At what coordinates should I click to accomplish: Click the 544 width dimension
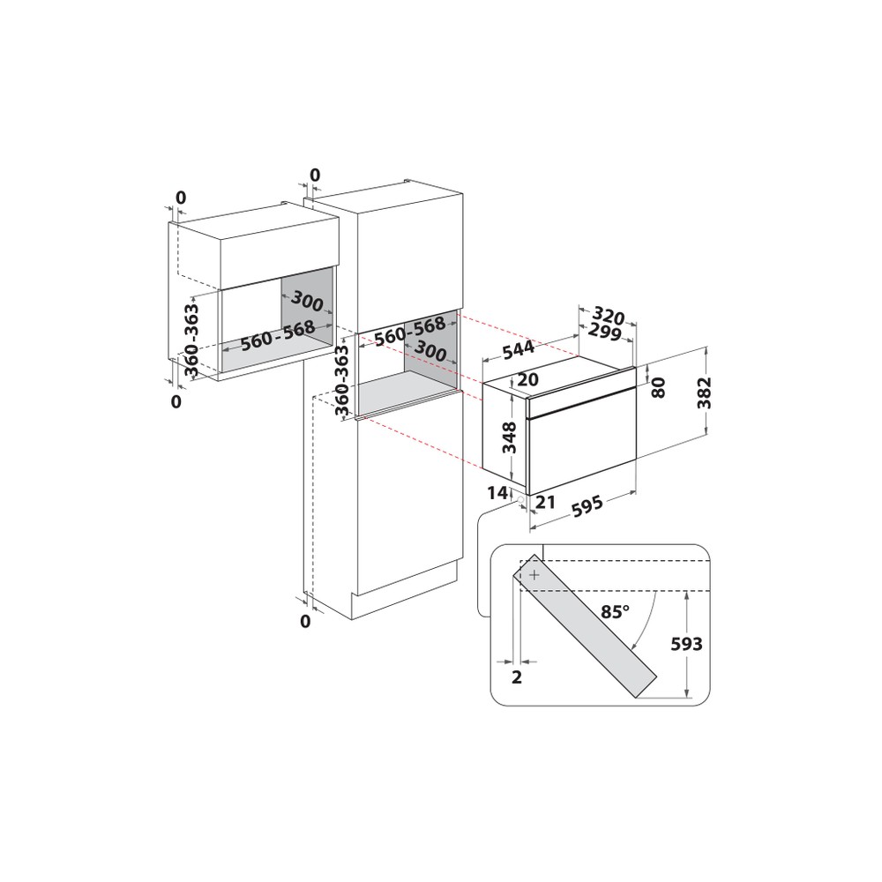[x=518, y=350]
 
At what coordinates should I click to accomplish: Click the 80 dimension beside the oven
[x=659, y=388]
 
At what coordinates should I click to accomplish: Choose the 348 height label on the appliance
[x=508, y=436]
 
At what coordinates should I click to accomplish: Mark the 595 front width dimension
[x=585, y=506]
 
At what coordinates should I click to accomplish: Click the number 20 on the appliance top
[x=527, y=380]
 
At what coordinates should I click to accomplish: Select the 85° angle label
[x=616, y=611]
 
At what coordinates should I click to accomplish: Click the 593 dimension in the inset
[x=687, y=645]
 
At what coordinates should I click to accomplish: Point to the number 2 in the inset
[x=517, y=676]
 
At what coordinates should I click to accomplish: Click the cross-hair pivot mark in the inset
[x=534, y=574]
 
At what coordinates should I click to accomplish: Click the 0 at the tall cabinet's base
[x=305, y=622]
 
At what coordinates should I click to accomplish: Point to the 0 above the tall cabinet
[x=315, y=175]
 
